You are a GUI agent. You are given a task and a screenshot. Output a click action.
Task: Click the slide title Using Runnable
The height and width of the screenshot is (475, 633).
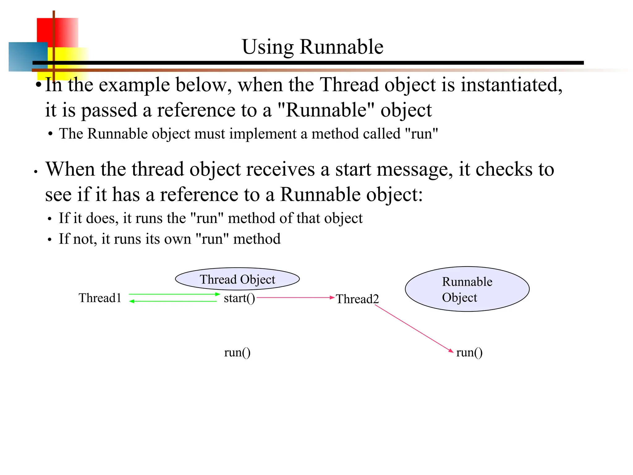[312, 47]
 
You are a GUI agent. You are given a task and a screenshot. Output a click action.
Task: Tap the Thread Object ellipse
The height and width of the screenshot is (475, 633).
[237, 279]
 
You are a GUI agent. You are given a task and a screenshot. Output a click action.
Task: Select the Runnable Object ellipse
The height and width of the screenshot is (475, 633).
[467, 289]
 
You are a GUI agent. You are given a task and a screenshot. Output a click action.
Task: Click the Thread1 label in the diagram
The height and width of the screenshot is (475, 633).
[100, 298]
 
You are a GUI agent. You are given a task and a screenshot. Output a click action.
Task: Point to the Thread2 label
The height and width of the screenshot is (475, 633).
[357, 299]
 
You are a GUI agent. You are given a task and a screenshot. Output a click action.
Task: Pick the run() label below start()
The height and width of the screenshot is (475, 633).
[237, 352]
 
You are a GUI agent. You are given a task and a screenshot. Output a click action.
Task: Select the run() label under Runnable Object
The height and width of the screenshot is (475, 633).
[469, 352]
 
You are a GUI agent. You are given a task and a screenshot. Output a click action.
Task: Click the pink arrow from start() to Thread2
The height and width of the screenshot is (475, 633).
[295, 297]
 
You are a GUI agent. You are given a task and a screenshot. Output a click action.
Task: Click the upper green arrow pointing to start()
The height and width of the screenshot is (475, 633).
[174, 294]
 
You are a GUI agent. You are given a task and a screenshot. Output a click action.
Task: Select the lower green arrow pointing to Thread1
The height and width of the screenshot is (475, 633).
[173, 301]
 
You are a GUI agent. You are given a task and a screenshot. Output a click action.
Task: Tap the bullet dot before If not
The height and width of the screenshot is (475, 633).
[49, 240]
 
